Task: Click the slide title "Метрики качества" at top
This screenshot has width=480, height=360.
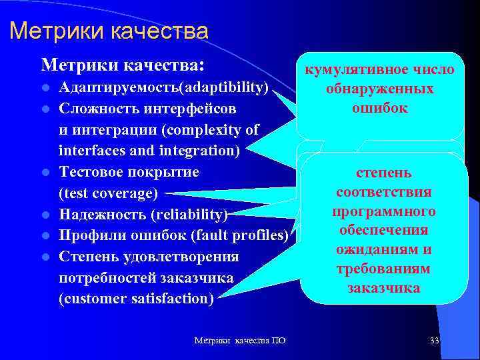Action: point(109,31)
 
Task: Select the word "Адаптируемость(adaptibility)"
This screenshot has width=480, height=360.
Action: point(164,87)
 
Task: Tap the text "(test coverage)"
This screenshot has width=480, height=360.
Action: point(109,194)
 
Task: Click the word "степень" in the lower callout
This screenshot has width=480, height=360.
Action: point(383,173)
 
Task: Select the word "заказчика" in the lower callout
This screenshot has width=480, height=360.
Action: point(383,288)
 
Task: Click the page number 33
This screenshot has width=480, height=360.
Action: point(435,341)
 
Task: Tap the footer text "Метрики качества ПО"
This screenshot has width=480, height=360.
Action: point(240,341)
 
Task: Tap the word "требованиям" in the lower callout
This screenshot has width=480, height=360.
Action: point(383,269)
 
